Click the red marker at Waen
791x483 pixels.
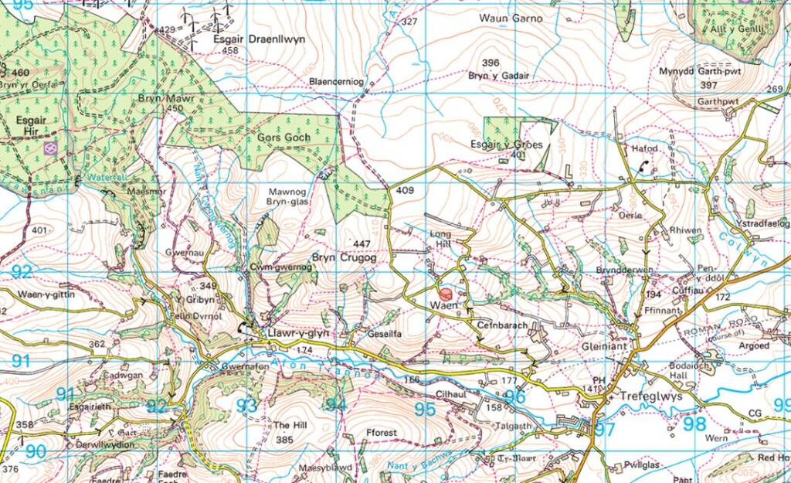[445, 294]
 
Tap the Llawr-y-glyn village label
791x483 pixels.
[297, 333]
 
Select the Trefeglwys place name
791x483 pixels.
[647, 396]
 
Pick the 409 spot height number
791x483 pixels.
[405, 190]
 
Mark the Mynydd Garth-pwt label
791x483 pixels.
[694, 71]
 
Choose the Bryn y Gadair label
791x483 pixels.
[498, 75]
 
